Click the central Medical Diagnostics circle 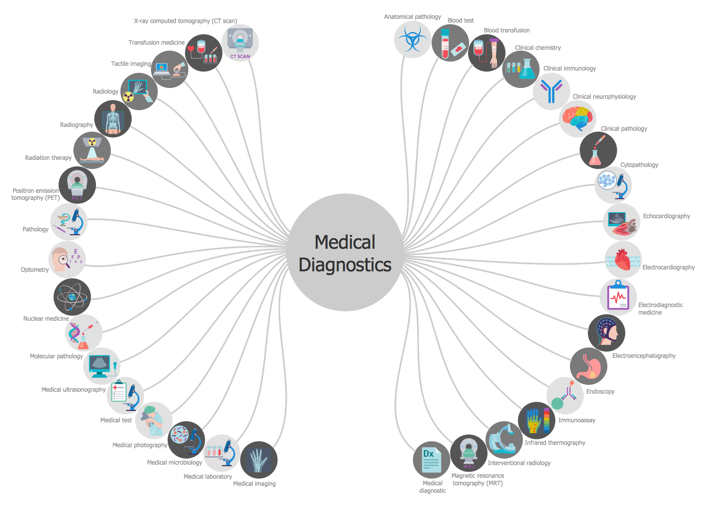click(x=345, y=253)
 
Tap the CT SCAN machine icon click(x=240, y=43)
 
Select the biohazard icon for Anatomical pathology click(x=412, y=40)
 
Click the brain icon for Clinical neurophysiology click(x=578, y=119)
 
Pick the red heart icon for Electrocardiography click(x=623, y=260)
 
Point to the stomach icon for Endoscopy click(x=588, y=366)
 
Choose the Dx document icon click(x=432, y=460)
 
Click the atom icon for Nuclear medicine click(x=72, y=297)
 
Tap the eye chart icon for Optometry click(x=67, y=260)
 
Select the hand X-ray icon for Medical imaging click(x=258, y=460)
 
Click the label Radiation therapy click(x=48, y=158)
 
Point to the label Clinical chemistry click(x=538, y=48)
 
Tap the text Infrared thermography click(x=555, y=443)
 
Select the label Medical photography click(x=140, y=445)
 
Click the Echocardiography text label click(x=666, y=216)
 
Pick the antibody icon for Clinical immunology click(x=551, y=91)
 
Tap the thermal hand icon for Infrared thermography click(x=537, y=420)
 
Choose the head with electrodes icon click(x=607, y=332)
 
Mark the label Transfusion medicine click(x=157, y=43)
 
